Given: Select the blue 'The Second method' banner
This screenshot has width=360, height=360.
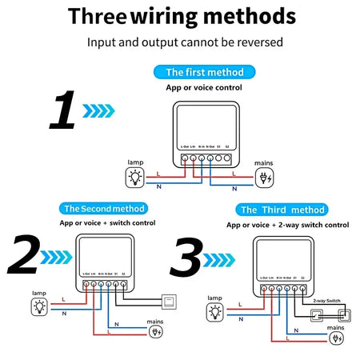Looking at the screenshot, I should click(x=104, y=209).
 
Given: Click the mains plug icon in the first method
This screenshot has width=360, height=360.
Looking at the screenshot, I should click(x=264, y=178).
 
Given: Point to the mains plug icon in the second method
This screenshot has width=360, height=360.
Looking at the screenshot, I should click(x=157, y=330).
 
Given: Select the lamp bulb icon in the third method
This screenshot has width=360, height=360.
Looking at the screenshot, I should click(x=214, y=311).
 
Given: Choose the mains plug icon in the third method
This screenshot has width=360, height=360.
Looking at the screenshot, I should click(x=337, y=338).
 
